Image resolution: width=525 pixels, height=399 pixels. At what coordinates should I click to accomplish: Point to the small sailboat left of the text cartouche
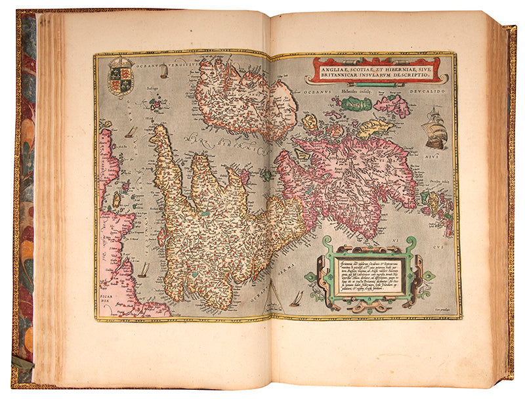pyautogui.click(x=296, y=299)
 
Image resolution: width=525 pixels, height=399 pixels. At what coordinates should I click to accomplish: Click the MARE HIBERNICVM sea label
pyautogui.click(x=217, y=141)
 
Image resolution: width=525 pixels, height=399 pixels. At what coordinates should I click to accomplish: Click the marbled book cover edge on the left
pyautogui.click(x=25, y=197)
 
